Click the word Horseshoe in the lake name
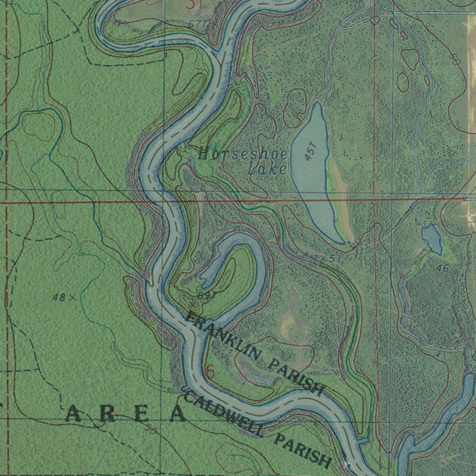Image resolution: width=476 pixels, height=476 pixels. coord(242,154)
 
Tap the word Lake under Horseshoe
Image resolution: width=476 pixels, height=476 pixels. coord(267,169)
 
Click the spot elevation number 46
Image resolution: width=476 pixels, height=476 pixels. coord(443,268)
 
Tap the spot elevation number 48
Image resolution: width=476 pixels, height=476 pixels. coord(59,297)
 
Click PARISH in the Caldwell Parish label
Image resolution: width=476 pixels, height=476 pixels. coord(303,451)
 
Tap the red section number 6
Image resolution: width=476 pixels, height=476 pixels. coord(210,372)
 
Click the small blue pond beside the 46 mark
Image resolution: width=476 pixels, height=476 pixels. coord(432,238)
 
